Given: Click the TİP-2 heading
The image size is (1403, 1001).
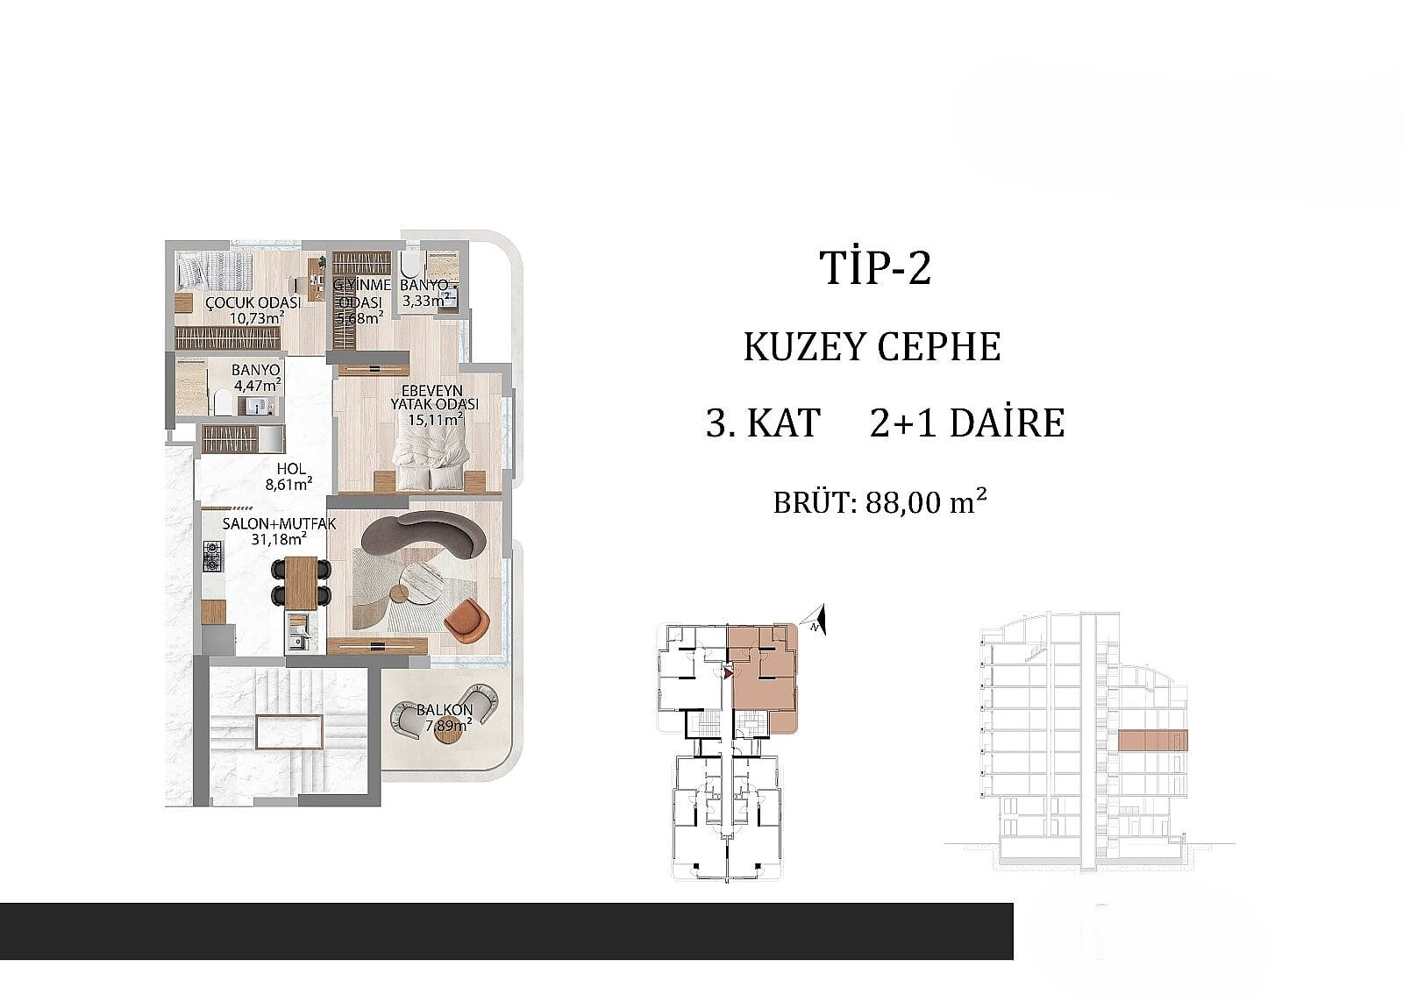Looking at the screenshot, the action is tap(875, 268).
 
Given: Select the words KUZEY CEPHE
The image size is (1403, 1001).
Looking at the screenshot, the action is tap(872, 347).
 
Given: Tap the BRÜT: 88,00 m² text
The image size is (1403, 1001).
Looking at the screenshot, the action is tap(880, 502).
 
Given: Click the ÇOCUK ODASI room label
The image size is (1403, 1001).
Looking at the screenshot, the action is tap(253, 303).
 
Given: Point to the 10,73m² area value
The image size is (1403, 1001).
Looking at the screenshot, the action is tap(258, 318).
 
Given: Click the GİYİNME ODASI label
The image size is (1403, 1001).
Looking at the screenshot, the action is tap(361, 294).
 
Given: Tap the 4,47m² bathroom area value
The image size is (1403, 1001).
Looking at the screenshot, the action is tap(258, 385).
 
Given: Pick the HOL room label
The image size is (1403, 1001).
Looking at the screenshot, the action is tap(291, 468).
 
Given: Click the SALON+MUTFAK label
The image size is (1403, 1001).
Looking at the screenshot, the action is tap(280, 523).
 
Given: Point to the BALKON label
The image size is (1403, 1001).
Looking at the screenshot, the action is tap(445, 710).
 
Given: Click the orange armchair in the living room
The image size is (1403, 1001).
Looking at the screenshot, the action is tap(466, 621).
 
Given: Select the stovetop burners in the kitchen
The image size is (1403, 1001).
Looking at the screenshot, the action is tap(212, 556).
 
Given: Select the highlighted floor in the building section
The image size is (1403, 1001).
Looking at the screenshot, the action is tap(1152, 740).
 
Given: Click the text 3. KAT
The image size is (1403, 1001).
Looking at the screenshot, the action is tap(763, 423).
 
